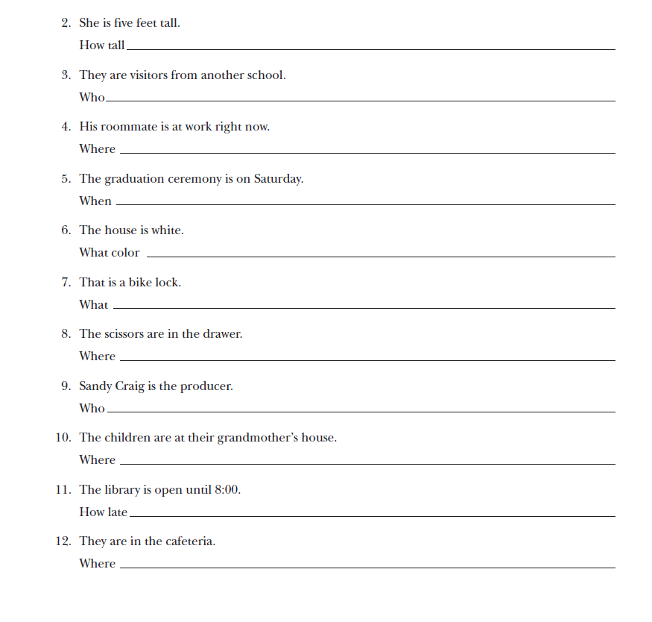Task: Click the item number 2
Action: click(x=65, y=23)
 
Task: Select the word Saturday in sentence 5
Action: click(x=278, y=179)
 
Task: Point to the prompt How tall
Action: click(x=102, y=45)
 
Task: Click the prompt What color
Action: click(x=110, y=253)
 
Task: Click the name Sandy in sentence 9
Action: click(x=95, y=386)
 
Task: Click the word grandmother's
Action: click(x=256, y=438)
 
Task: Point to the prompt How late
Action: click(x=103, y=512)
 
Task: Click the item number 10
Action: click(x=63, y=438)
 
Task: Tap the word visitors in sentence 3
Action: click(x=145, y=75)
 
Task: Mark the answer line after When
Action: click(x=365, y=204)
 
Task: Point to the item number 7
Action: click(x=65, y=283)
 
